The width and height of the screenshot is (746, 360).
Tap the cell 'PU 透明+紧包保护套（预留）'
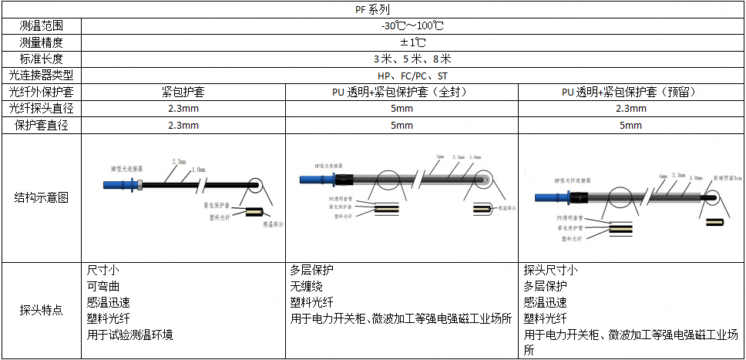630,92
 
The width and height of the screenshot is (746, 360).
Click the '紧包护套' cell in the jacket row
183,92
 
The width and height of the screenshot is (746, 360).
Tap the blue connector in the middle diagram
315,180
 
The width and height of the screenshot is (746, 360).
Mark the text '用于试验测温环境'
130,335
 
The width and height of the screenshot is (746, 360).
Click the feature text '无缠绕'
305,286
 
